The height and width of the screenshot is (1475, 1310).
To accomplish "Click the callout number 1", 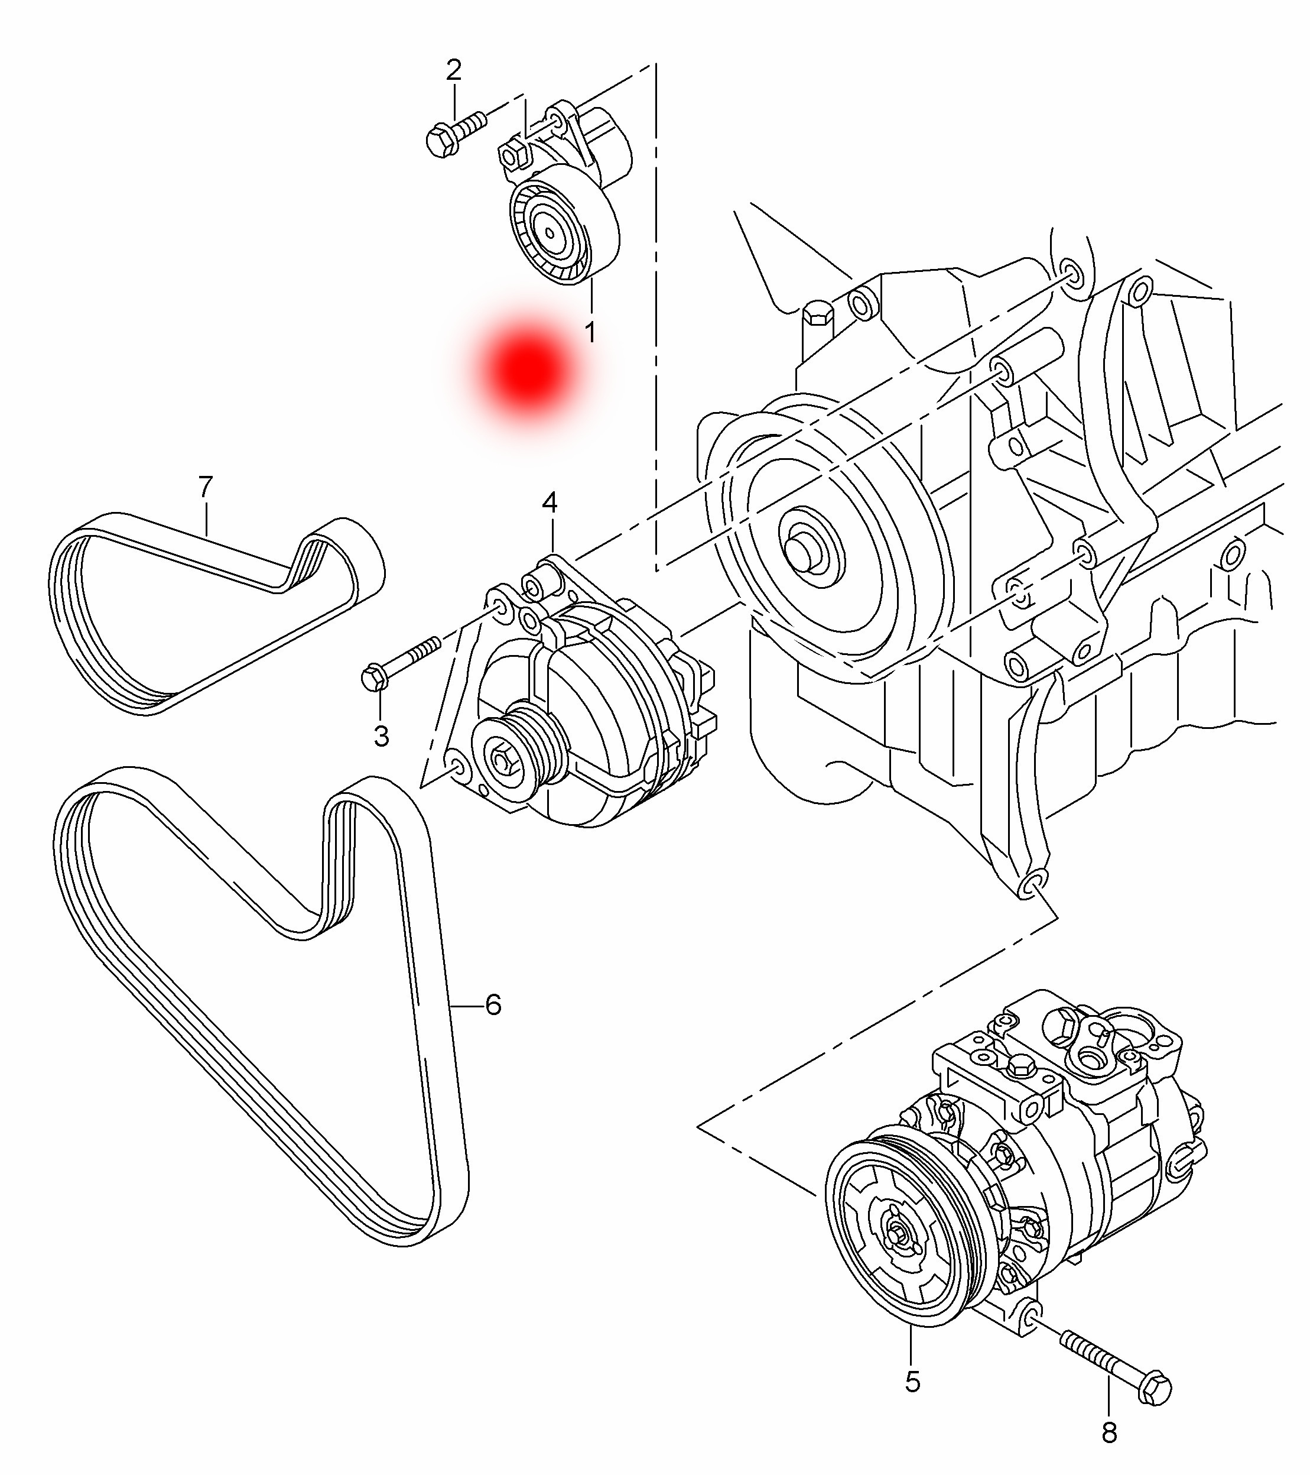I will (590, 333).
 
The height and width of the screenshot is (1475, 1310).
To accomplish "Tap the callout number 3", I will (381, 737).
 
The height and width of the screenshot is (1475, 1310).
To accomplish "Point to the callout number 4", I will (550, 503).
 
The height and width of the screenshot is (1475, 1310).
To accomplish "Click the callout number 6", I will (493, 1004).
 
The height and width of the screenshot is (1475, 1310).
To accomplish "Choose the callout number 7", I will (206, 487).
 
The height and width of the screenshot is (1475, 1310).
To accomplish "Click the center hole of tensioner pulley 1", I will (550, 232).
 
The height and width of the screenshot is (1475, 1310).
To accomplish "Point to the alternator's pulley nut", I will (500, 758).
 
